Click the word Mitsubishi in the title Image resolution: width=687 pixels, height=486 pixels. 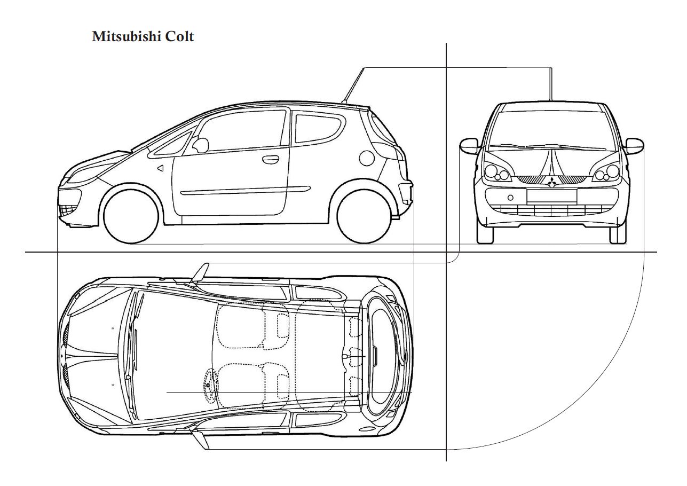[x=127, y=36]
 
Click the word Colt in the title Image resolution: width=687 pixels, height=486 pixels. [x=179, y=36]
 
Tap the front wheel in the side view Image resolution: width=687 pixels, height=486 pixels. [x=131, y=216]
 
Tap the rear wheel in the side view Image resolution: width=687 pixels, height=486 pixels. [x=365, y=216]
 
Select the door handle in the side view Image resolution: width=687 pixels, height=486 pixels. [x=271, y=159]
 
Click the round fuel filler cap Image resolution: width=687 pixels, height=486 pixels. [x=367, y=158]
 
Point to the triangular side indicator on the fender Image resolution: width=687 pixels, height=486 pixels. [x=160, y=168]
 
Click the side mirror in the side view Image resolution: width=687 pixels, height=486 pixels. [x=200, y=145]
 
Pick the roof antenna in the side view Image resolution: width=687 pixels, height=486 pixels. [x=353, y=85]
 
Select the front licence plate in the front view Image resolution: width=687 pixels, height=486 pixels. [x=552, y=196]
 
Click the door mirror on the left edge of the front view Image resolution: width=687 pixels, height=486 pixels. [x=469, y=146]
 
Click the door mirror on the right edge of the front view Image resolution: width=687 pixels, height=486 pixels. [x=634, y=146]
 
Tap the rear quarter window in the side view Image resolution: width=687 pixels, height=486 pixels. [x=319, y=128]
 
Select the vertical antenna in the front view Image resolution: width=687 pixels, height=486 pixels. [x=551, y=84]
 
